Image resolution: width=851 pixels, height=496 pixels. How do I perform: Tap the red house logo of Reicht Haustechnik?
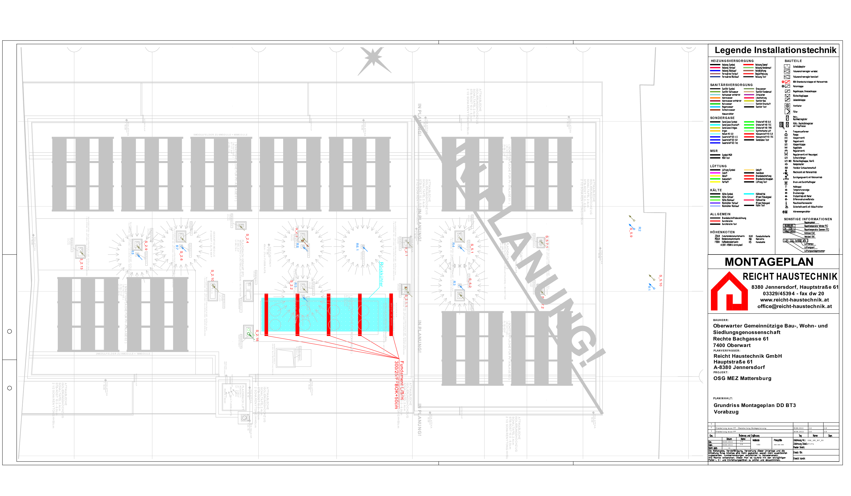pos(729,292)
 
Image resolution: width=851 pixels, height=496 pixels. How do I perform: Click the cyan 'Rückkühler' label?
pos(381,274)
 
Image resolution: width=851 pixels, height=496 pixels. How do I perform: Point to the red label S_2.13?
pos(81,264)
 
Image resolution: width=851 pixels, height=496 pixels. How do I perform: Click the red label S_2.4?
pos(247,238)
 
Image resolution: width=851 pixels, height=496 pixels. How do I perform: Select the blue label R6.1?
pos(357,247)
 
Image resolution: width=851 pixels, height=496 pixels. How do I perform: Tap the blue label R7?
pos(177,247)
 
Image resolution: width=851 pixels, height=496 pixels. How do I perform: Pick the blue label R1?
pos(649,288)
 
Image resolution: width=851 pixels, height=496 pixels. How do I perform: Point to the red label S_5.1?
pos(472,248)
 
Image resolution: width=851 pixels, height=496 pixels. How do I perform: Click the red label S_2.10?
pos(212,275)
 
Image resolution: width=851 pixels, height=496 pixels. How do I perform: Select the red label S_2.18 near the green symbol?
pos(257,336)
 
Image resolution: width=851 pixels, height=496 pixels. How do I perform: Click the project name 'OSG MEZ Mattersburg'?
pos(742,378)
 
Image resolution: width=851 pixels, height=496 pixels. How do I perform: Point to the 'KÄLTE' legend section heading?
pos(716,190)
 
